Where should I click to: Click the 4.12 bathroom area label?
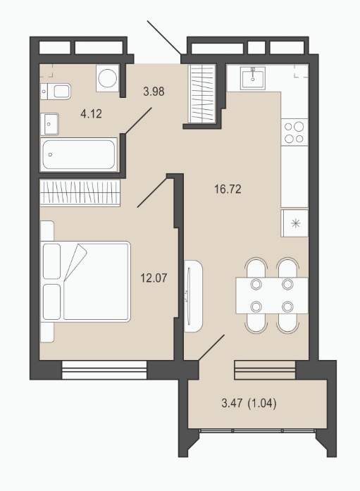click(x=91, y=114)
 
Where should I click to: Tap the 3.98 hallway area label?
click(x=154, y=92)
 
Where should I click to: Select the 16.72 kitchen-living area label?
click(x=228, y=189)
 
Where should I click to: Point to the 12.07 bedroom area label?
click(x=154, y=278)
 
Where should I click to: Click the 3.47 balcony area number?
click(x=232, y=404)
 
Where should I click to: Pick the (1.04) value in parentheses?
click(x=262, y=404)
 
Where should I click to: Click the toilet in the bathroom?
click(x=56, y=91)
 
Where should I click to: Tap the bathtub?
click(x=79, y=154)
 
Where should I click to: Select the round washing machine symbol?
click(x=108, y=78)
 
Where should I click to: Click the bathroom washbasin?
click(x=49, y=124)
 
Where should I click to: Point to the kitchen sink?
click(x=253, y=78)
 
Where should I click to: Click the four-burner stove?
click(x=294, y=132)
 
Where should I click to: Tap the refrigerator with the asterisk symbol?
click(x=295, y=223)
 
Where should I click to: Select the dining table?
click(x=272, y=296)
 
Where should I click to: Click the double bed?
click(x=85, y=281)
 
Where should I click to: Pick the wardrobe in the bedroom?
click(x=80, y=193)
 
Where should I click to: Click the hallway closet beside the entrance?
click(x=202, y=94)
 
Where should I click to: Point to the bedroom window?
click(x=104, y=370)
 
